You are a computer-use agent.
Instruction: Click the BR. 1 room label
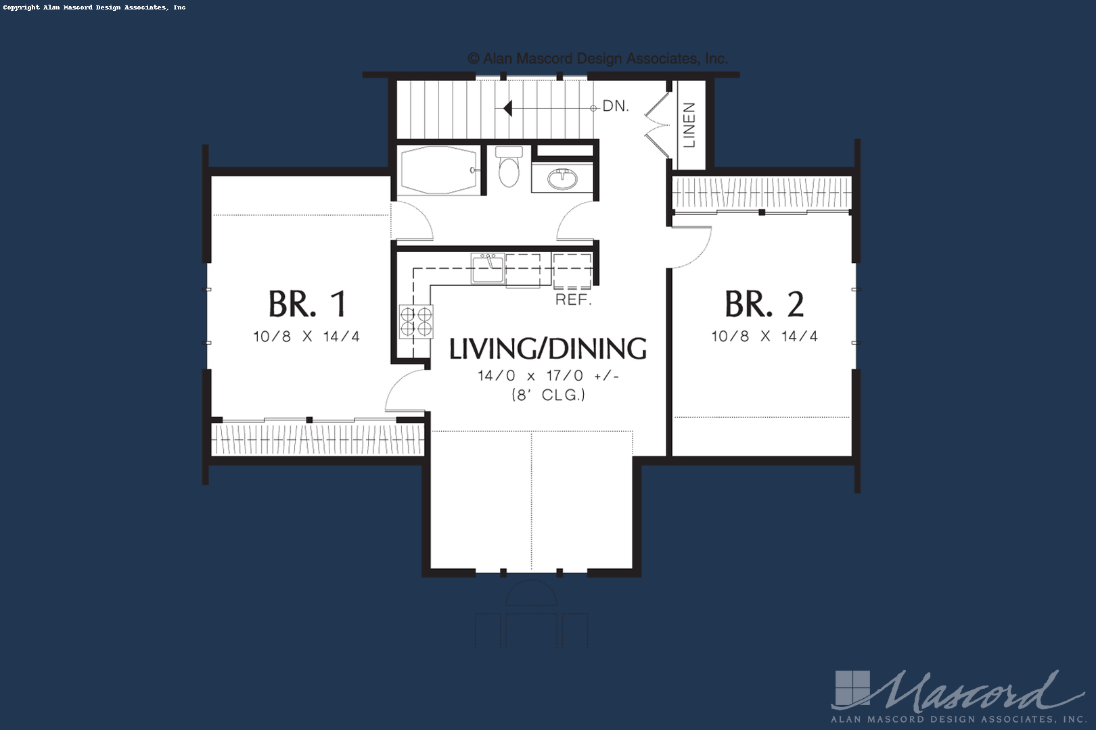(308, 304)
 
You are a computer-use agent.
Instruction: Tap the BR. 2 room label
(764, 304)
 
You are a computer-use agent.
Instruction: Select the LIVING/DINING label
(547, 349)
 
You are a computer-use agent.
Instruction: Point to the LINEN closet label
(689, 124)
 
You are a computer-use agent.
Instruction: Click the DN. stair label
(616, 105)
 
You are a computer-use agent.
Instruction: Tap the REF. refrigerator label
(574, 299)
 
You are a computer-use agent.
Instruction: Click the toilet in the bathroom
(509, 166)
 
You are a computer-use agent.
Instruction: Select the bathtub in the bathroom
(439, 170)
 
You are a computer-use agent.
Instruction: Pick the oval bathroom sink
(562, 178)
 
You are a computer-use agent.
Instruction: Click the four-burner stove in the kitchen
(416, 321)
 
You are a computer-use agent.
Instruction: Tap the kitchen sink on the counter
(488, 268)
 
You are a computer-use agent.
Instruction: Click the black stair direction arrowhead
(508, 108)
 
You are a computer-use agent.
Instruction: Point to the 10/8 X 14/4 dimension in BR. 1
(306, 337)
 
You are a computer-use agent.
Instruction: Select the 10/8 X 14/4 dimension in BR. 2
(764, 337)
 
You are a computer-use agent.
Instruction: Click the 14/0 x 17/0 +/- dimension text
(548, 376)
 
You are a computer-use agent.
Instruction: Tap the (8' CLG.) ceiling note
(548, 395)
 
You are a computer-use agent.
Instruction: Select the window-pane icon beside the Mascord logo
(852, 689)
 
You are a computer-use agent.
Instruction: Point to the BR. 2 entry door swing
(691, 247)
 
